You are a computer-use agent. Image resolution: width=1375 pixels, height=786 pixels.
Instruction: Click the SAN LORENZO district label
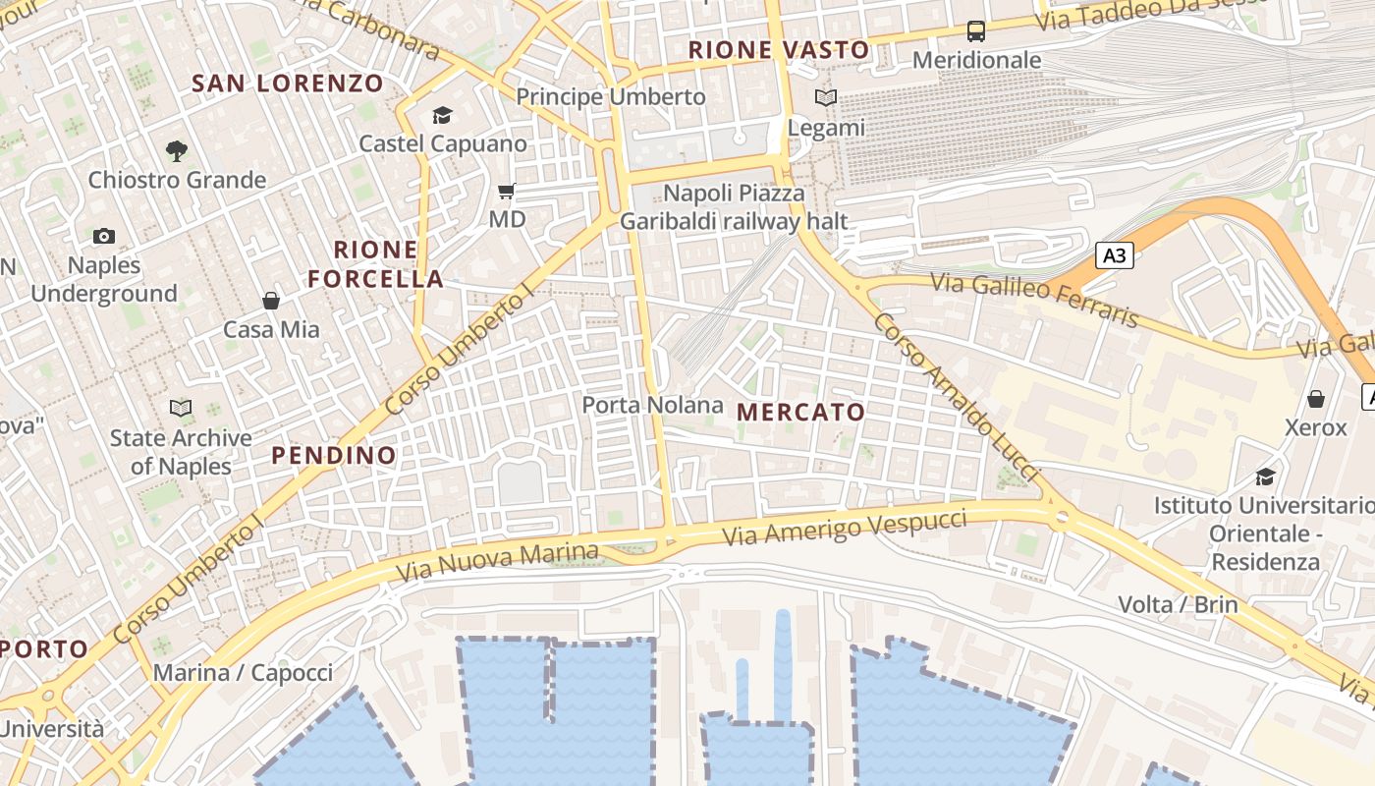click(x=287, y=84)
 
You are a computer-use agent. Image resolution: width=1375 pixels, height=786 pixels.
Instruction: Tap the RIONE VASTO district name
click(x=779, y=50)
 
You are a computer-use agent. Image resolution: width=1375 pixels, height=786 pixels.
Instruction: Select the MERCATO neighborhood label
click(x=801, y=413)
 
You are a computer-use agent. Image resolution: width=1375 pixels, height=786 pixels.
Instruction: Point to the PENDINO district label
click(x=334, y=456)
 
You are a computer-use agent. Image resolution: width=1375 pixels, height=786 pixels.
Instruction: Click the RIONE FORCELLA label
click(x=376, y=264)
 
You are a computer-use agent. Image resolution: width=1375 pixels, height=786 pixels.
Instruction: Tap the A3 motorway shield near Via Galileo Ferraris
click(x=1115, y=256)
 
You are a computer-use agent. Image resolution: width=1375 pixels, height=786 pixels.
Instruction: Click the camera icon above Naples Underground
click(x=104, y=236)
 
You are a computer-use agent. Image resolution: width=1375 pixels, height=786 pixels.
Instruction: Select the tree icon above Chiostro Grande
click(x=177, y=150)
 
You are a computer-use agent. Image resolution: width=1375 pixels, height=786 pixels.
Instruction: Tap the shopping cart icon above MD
click(x=507, y=191)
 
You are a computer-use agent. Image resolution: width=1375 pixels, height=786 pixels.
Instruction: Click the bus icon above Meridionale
click(x=976, y=31)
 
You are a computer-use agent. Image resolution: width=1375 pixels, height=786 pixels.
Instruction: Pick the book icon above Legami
click(x=826, y=98)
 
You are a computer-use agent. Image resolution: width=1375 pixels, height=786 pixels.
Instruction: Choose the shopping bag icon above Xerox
click(x=1315, y=399)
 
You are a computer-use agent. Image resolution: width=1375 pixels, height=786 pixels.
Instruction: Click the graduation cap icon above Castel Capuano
click(x=442, y=116)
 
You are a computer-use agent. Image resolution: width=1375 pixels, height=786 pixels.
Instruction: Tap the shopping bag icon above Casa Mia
click(x=271, y=301)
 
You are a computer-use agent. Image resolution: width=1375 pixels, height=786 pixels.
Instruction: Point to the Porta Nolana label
click(x=652, y=405)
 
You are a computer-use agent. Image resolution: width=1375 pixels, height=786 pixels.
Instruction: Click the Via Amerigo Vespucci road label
click(x=845, y=528)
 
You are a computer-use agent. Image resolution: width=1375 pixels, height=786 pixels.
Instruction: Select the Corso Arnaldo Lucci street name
click(x=955, y=398)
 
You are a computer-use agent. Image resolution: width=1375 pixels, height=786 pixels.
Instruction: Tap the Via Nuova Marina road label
click(x=497, y=561)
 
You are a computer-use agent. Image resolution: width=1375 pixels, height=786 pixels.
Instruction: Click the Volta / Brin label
click(x=1179, y=604)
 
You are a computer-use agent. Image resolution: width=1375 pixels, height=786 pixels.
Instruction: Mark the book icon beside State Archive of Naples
click(x=181, y=408)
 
